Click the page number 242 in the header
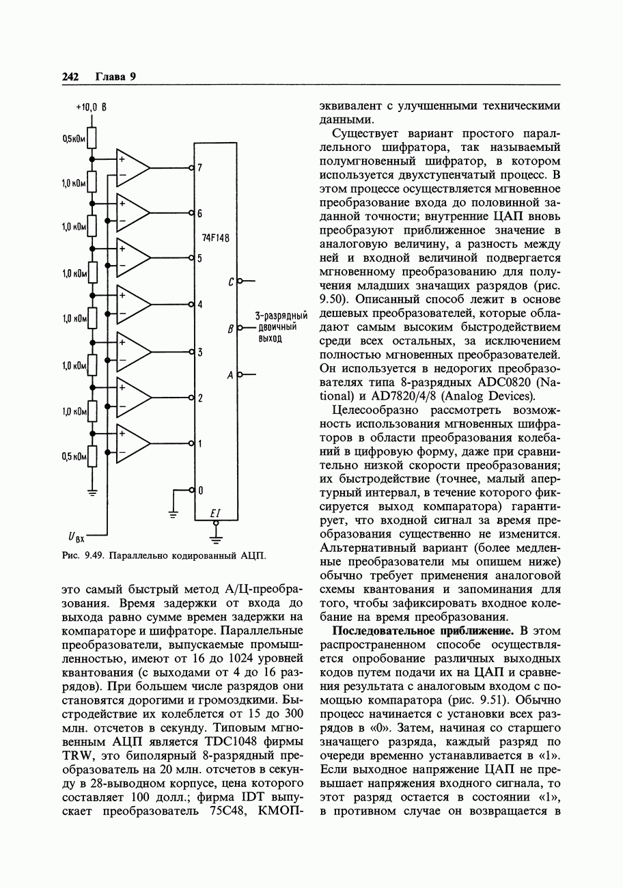tap(70, 77)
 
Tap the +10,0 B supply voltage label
tap(92, 107)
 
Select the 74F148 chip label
tap(215, 238)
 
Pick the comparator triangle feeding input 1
tap(132, 444)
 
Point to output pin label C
tap(232, 281)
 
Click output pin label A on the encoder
tap(231, 374)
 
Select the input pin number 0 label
tap(199, 490)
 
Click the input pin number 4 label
tap(199, 305)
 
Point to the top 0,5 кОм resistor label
tap(73, 139)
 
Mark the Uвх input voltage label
tap(76, 538)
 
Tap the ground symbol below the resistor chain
tap(92, 490)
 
